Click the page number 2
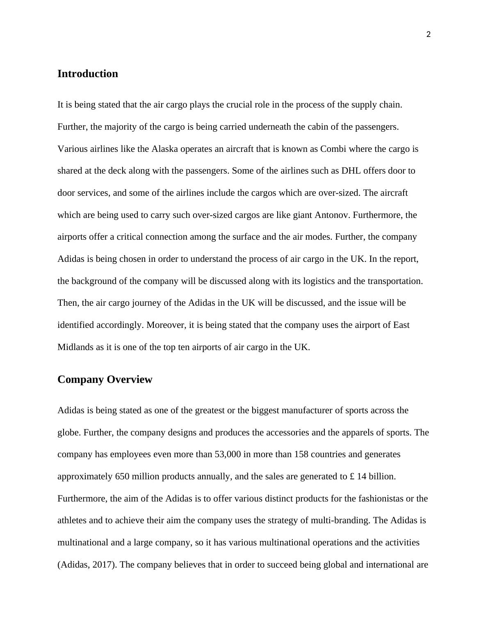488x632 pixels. pyautogui.click(x=429, y=35)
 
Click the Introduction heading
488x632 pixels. pyautogui.click(x=88, y=74)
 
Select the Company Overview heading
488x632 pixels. pyautogui.click(x=105, y=380)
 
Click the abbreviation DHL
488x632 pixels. pyautogui.click(x=351, y=171)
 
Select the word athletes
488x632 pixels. pyautogui.click(x=72, y=521)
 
